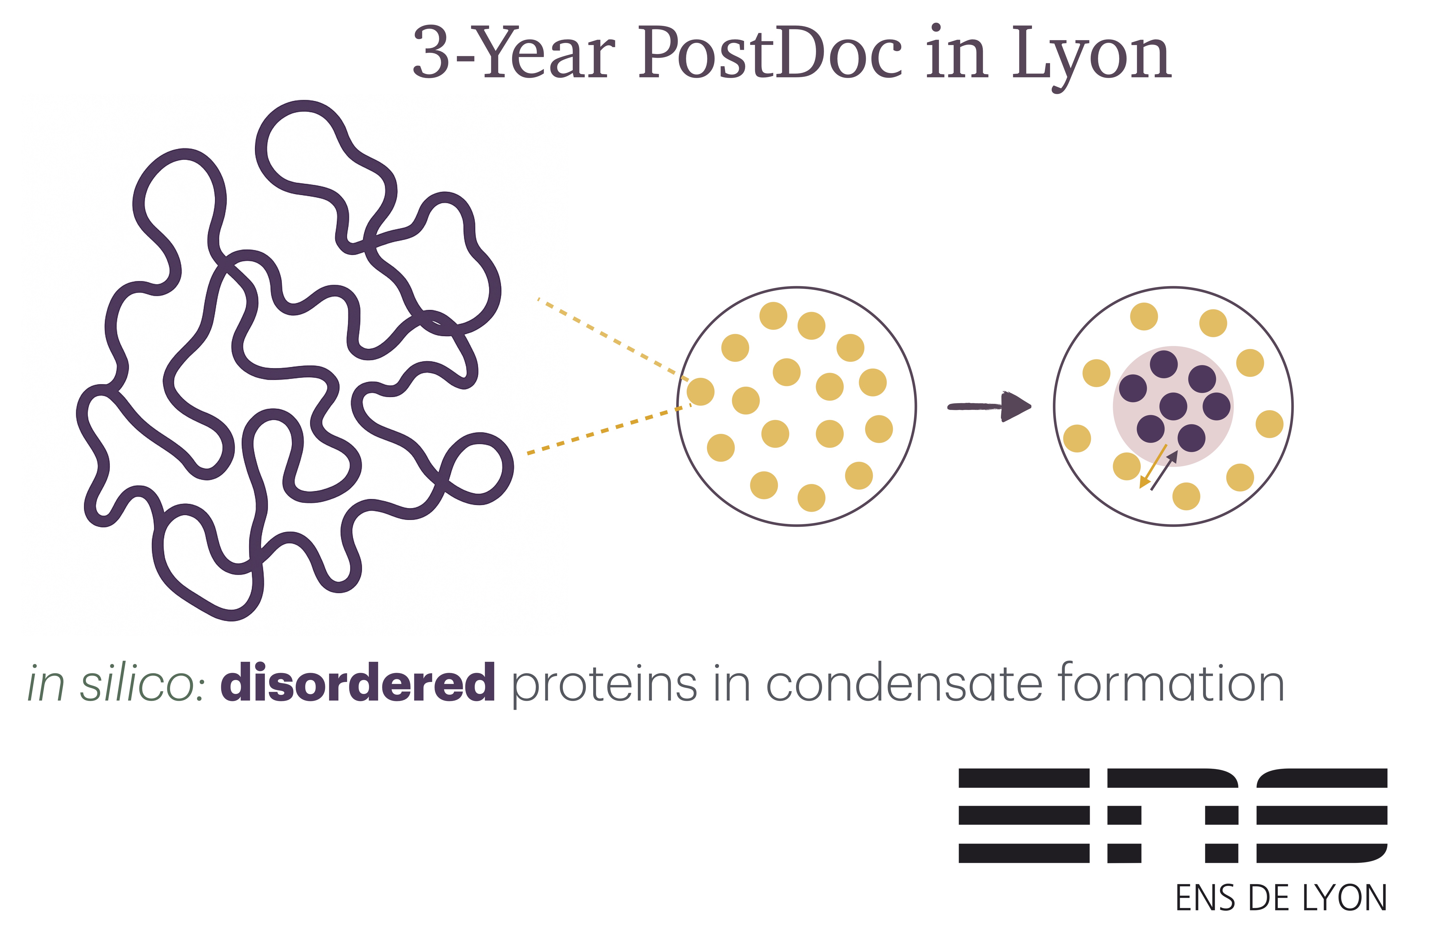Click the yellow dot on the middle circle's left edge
point(700,392)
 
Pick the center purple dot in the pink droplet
point(1174,406)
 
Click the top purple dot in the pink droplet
point(1164,365)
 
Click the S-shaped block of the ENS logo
point(1322,815)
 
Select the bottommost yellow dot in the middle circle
point(812,498)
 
